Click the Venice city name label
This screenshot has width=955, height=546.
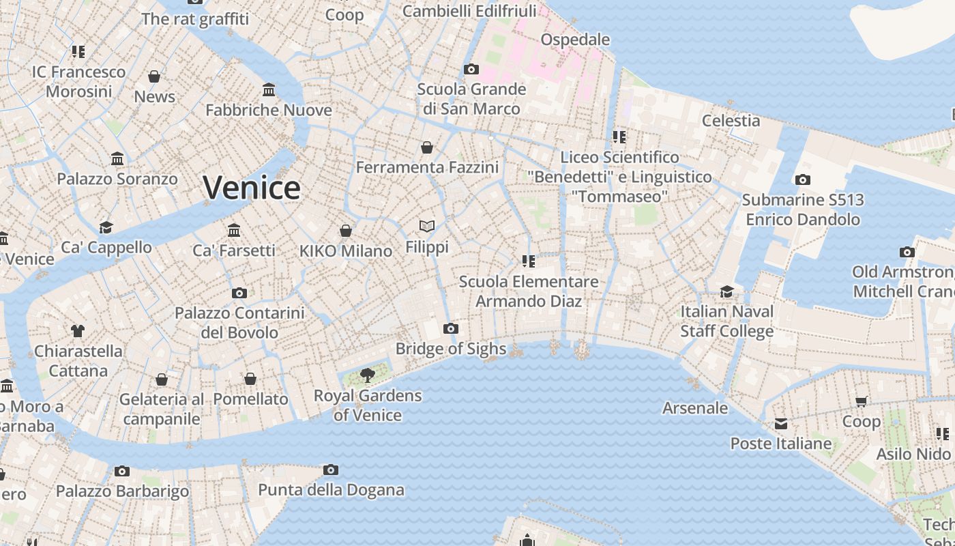coord(252,188)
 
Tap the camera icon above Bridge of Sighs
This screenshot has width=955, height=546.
coord(450,329)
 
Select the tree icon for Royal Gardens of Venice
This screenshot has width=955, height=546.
coord(367,375)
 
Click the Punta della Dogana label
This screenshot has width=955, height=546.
coord(331,490)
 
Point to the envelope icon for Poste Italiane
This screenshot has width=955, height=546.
coord(781,424)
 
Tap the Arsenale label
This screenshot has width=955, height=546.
coord(695,408)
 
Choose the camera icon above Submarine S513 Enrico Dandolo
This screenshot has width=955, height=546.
coord(803,180)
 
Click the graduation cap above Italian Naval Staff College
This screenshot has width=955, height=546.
coord(727,292)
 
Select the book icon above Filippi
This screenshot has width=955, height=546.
coord(427,226)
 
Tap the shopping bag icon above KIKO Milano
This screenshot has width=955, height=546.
coord(346,231)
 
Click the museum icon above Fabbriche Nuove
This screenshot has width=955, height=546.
coord(269,90)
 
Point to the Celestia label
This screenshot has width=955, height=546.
coord(731,121)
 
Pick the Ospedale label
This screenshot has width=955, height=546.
coord(575,40)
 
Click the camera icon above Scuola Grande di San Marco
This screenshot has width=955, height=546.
coord(471,69)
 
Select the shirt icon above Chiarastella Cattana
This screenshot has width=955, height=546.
coord(78,331)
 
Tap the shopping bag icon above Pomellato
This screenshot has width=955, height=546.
coord(250,379)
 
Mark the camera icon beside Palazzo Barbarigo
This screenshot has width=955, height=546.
coord(122,471)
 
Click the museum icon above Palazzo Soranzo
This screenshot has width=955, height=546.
coord(117,159)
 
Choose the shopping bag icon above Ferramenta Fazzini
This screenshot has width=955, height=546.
coord(427,147)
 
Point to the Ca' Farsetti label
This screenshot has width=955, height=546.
coord(233,250)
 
